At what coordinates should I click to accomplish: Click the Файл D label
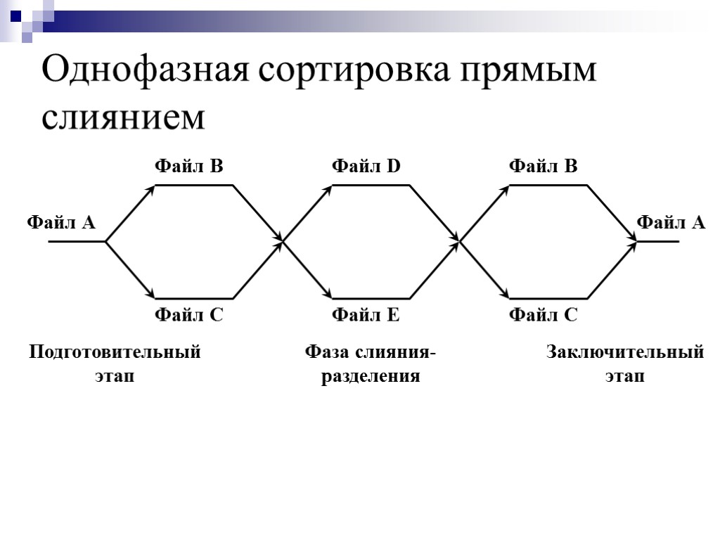[x=366, y=167]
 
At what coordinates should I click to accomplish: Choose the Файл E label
[x=366, y=316]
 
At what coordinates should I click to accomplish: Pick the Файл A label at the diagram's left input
[x=60, y=223]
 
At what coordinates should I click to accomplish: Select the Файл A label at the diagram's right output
[x=670, y=223]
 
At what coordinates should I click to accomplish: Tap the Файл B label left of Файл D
[x=188, y=167]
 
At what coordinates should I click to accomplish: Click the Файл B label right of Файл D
[x=543, y=167]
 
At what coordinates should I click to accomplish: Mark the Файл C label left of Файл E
[x=188, y=316]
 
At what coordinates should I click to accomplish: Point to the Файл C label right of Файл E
[x=543, y=316]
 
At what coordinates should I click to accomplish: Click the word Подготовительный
[x=115, y=353]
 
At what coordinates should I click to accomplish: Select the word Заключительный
[x=625, y=352]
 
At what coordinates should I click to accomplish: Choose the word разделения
[x=371, y=376]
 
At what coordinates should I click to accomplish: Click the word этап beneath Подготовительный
[x=115, y=376]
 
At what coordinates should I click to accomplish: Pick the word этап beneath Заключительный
[x=625, y=376]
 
